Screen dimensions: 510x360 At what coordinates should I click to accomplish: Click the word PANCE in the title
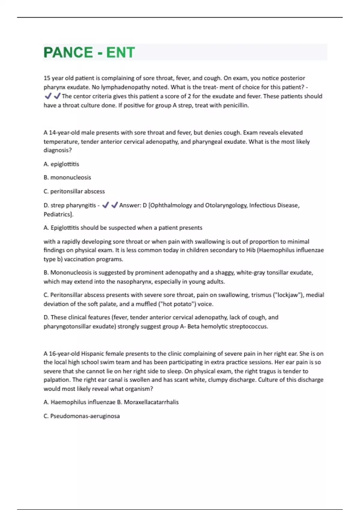(x=68, y=52)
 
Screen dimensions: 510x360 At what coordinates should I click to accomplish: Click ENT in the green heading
(x=120, y=52)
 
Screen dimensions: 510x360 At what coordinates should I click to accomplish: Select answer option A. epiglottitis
(x=61, y=164)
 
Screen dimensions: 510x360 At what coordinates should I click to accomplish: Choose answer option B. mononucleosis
(x=67, y=178)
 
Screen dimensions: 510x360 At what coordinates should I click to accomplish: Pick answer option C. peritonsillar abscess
(x=74, y=191)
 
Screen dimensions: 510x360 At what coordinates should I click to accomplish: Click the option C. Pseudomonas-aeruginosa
(x=82, y=416)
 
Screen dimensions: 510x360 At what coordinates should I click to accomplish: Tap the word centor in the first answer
(x=84, y=96)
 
